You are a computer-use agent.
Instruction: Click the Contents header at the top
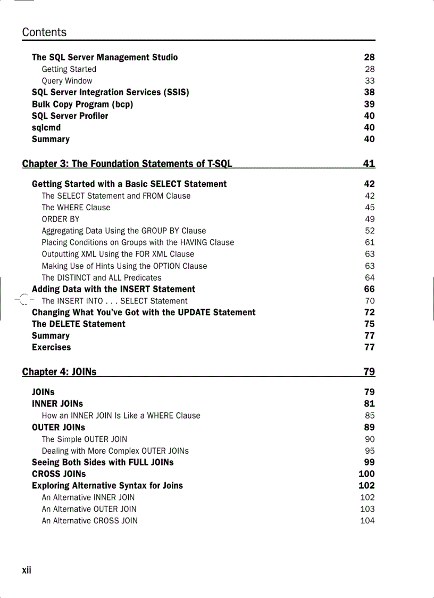[44, 32]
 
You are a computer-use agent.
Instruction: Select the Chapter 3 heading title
[127, 163]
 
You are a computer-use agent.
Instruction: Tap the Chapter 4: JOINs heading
[59, 372]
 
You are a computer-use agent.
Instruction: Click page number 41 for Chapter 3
[369, 163]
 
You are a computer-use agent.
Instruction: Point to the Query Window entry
[67, 81]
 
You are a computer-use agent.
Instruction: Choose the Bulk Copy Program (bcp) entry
[82, 104]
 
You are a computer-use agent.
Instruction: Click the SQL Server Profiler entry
[70, 116]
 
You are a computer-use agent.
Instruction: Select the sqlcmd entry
[46, 128]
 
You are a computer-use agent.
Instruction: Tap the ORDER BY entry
[61, 219]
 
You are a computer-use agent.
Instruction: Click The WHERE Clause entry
[76, 208]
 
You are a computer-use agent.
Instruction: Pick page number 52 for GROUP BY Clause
[370, 231]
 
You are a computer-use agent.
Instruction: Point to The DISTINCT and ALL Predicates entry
[102, 278]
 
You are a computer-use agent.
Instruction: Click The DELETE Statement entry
[79, 324]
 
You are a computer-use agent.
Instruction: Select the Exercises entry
[51, 348]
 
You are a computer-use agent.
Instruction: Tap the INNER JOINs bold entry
[57, 404]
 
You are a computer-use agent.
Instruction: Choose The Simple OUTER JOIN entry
[85, 439]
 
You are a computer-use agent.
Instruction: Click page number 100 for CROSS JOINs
[366, 474]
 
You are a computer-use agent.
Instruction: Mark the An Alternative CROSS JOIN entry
[89, 521]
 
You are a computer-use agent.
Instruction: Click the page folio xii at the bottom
[27, 570]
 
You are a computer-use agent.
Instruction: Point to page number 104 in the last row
[367, 521]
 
